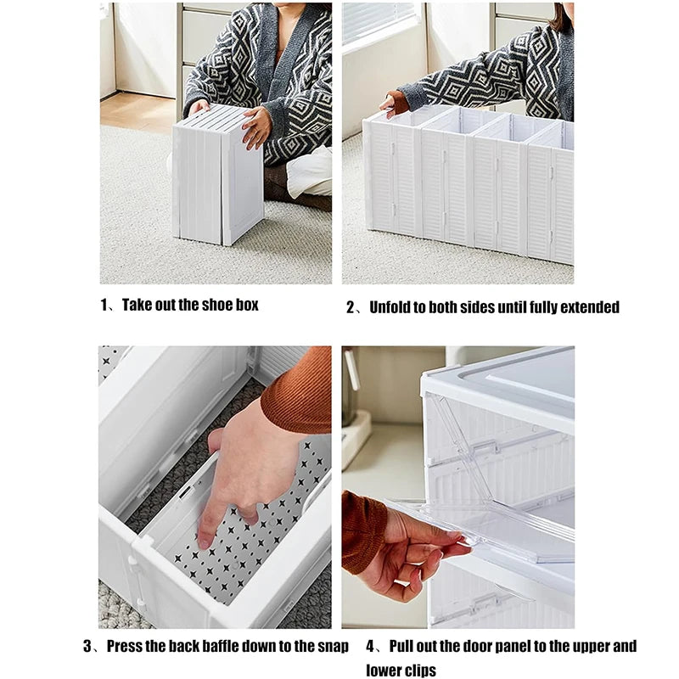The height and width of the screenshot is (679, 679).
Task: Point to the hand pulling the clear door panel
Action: pyautogui.click(x=420, y=552)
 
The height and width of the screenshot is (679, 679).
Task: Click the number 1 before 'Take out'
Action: pyautogui.click(x=105, y=305)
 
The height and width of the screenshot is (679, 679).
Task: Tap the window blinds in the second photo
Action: pyautogui.click(x=379, y=23)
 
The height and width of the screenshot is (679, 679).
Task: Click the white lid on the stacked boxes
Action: pyautogui.click(x=509, y=382)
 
